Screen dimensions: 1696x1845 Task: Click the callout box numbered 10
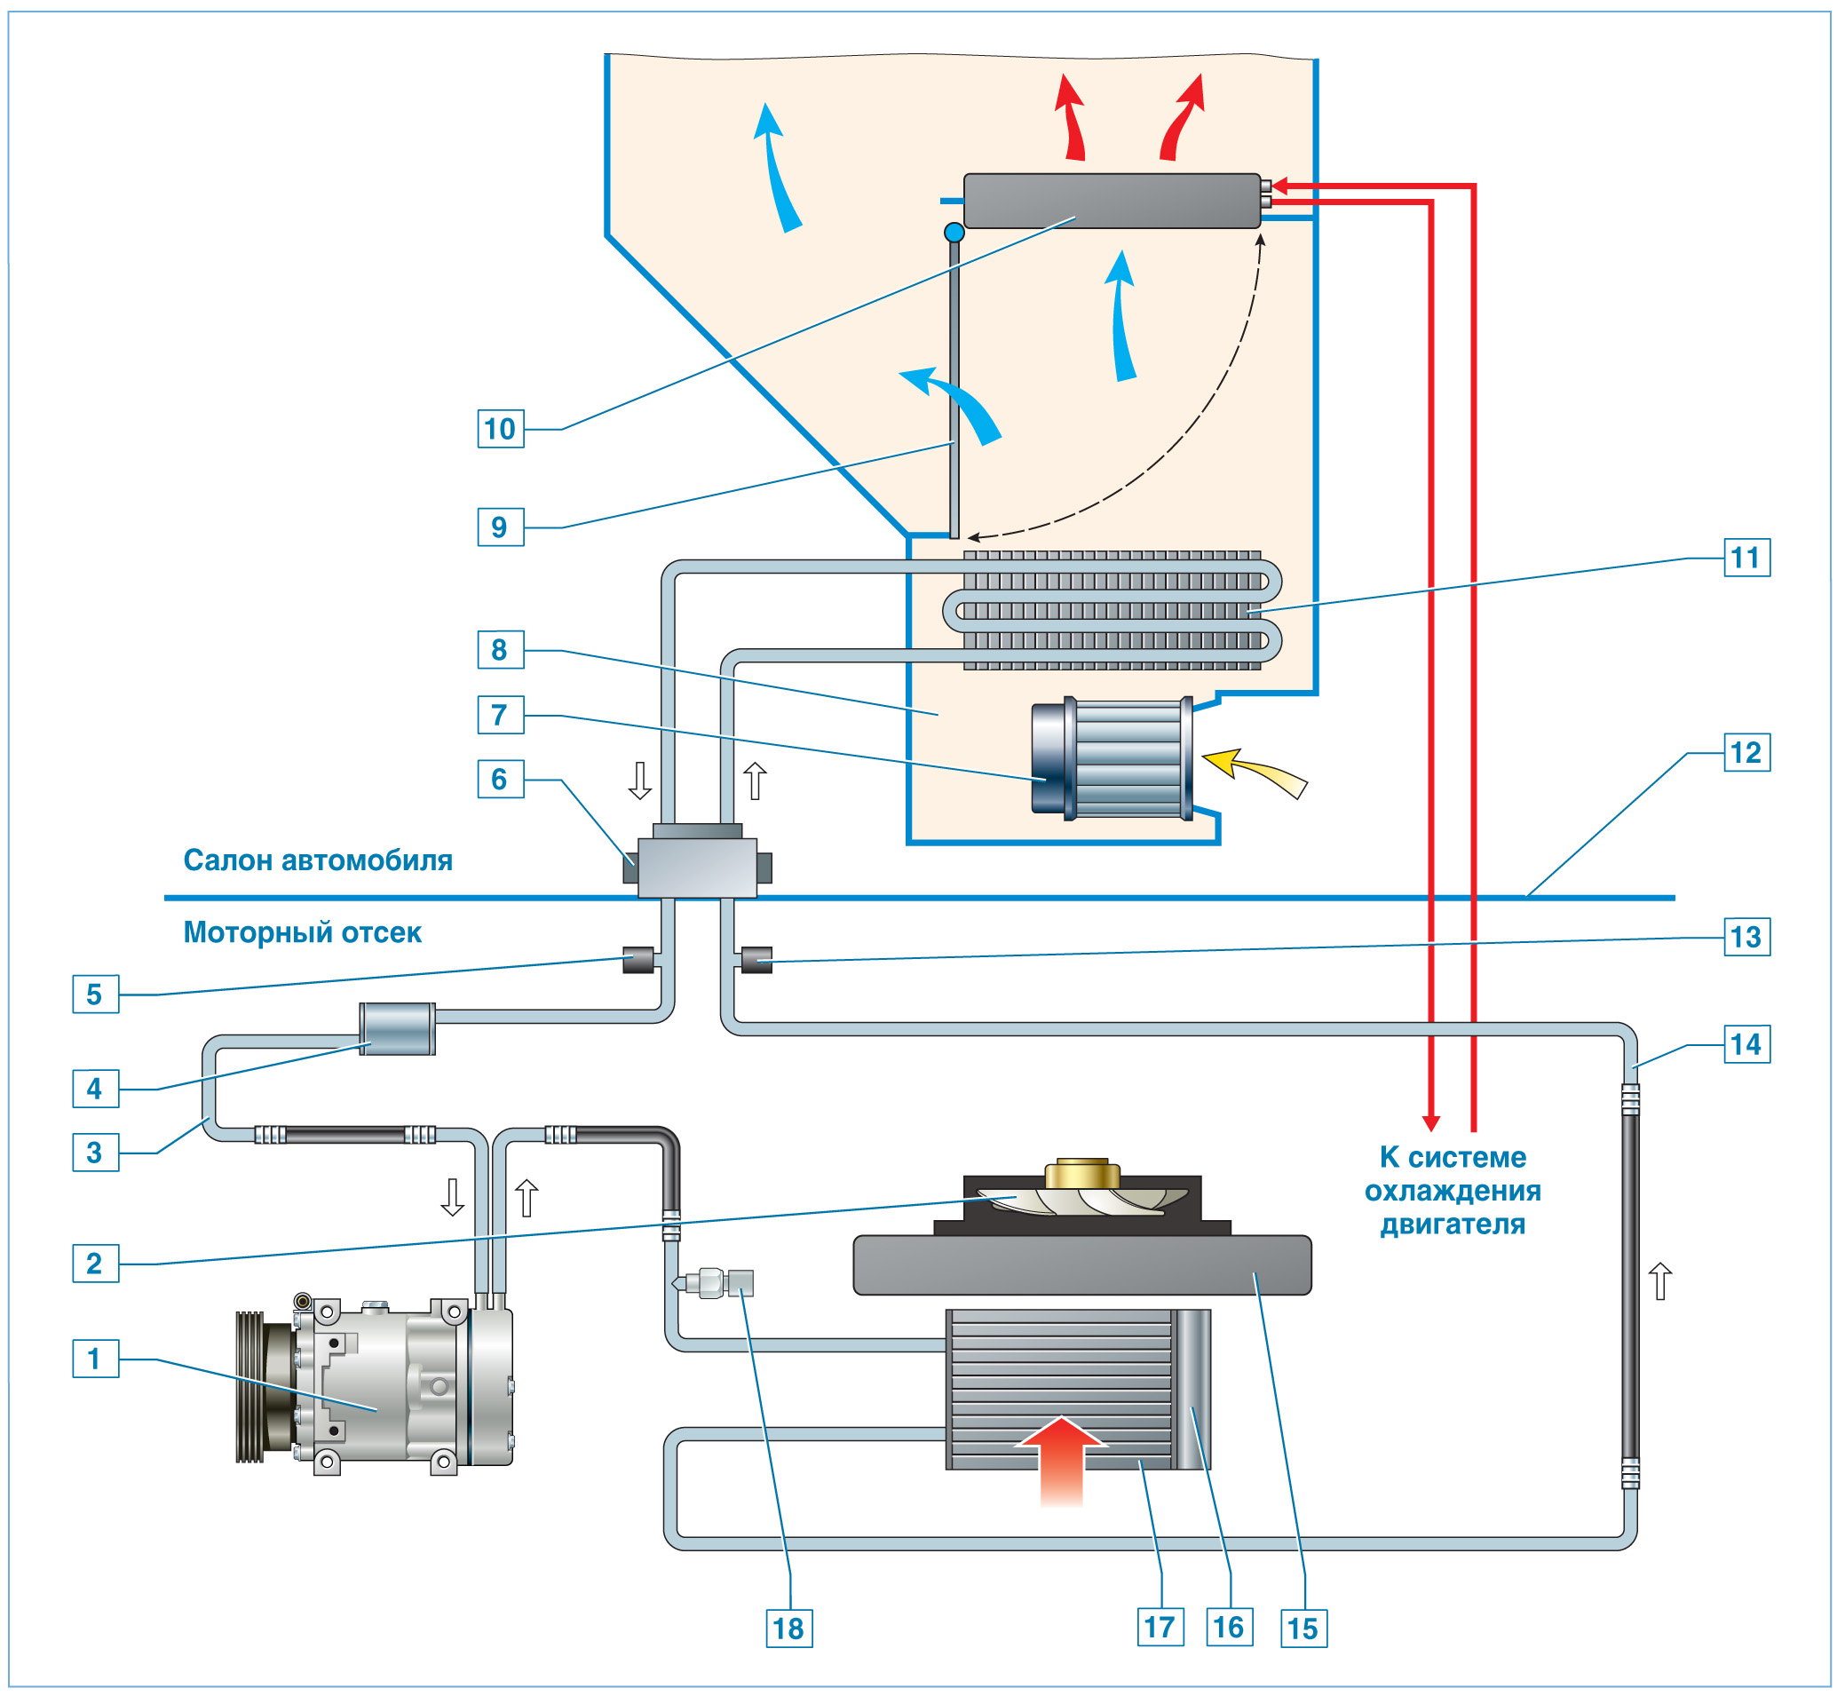[x=500, y=429]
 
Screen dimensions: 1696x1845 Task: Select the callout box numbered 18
[x=788, y=1629]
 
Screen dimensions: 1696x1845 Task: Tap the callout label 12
[x=1746, y=753]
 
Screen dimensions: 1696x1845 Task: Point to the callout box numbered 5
[x=95, y=994]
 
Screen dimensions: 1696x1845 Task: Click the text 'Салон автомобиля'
[x=318, y=860]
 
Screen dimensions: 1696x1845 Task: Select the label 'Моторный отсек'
[x=302, y=932]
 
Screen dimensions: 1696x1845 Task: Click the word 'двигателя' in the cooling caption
[x=1453, y=1224]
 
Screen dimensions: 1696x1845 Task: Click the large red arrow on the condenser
[x=1062, y=1459]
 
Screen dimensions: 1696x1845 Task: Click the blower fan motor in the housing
[x=1112, y=759]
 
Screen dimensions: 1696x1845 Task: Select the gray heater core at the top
[x=1111, y=201]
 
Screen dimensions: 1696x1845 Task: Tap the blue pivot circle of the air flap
[x=954, y=232]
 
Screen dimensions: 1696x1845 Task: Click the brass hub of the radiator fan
[x=1082, y=1173]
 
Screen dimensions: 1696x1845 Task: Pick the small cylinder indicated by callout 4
[x=396, y=1029]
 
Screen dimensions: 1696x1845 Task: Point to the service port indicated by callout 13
[x=756, y=960]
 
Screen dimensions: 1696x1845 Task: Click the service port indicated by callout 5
[x=637, y=960]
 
